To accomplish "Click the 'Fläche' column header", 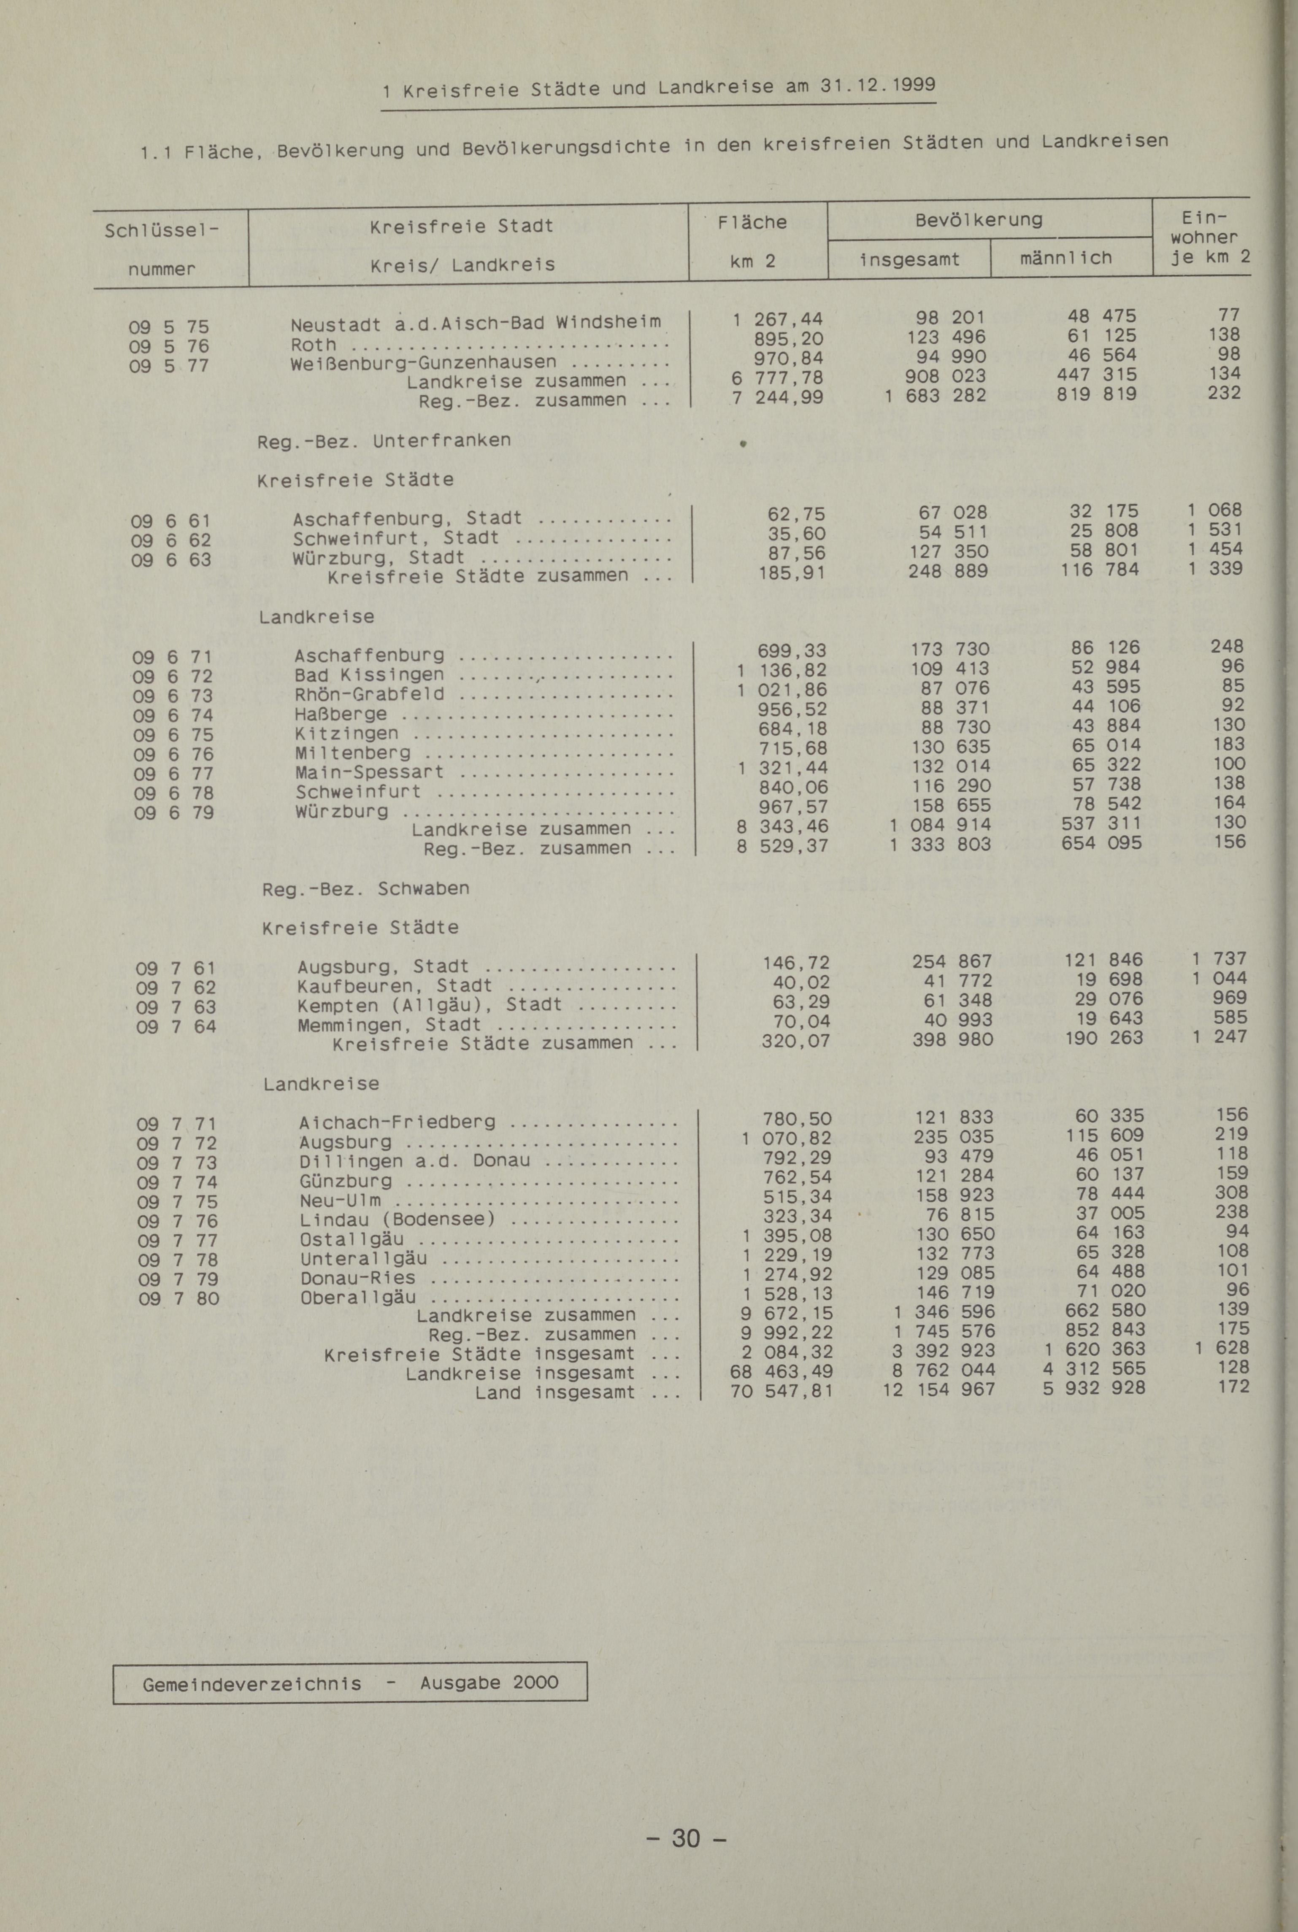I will (752, 222).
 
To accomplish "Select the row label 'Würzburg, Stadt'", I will (379, 558).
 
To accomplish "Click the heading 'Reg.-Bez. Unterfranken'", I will (384, 440).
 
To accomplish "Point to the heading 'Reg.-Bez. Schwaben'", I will (365, 889).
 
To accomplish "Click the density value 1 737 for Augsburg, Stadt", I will (1219, 958).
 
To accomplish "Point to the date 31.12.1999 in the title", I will (877, 84).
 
